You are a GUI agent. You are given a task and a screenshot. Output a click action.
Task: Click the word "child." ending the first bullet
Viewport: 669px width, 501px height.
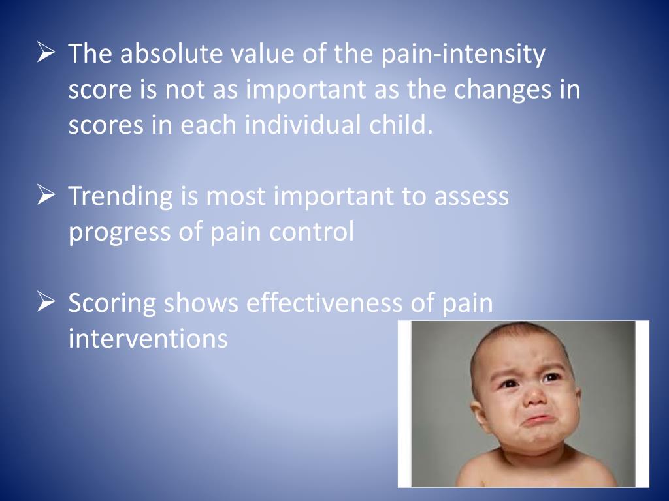(404, 124)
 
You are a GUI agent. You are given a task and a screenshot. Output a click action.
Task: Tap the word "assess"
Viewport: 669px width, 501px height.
(466, 196)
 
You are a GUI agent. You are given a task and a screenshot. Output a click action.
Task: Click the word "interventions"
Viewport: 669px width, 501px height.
(148, 339)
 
